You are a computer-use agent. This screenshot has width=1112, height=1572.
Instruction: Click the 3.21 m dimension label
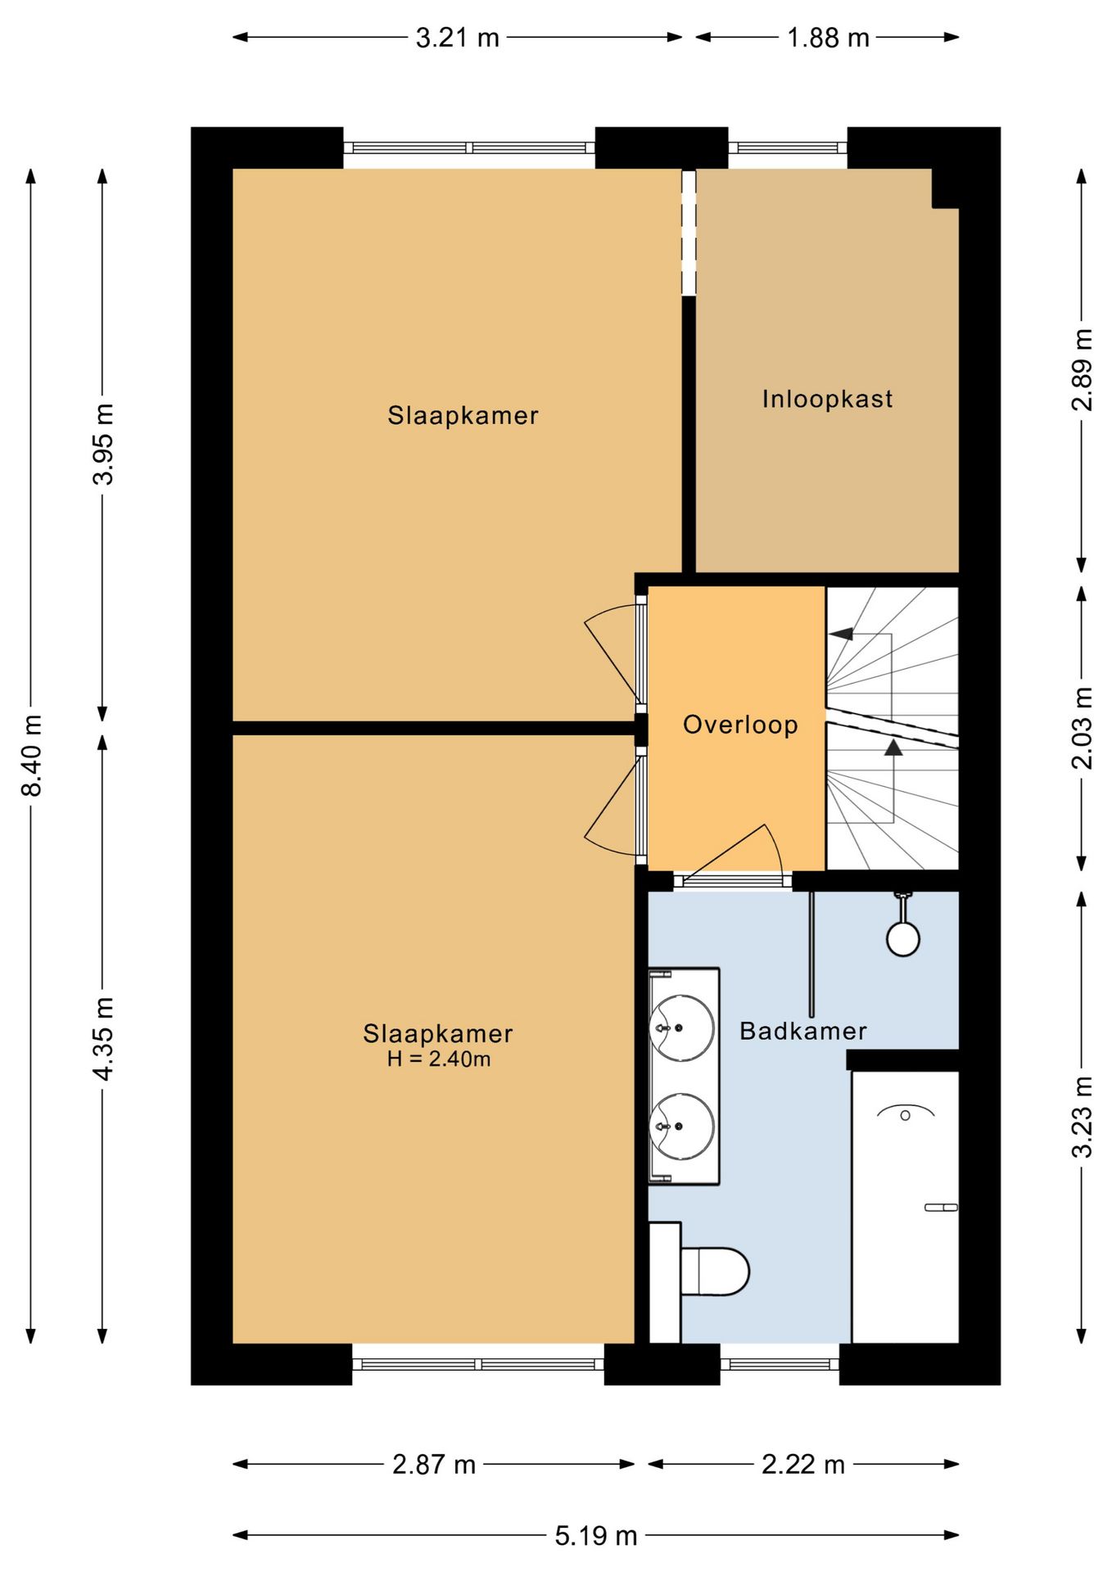457,38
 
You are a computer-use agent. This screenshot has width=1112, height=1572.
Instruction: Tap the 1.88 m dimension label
828,38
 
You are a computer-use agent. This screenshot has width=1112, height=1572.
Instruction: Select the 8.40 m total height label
31,755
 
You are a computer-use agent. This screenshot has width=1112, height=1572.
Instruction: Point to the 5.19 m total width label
595,1535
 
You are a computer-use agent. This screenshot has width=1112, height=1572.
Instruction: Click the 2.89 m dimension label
1082,369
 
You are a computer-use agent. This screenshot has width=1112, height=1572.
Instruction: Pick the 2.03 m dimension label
1082,728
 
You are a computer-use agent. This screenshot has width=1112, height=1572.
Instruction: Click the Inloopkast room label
827,399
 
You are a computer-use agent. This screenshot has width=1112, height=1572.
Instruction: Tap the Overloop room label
740,725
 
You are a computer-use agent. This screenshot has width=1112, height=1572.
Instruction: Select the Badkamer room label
802,1031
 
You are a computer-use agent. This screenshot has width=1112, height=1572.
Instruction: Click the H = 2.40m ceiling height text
439,1059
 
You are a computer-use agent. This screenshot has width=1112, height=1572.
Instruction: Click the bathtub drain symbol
905,1115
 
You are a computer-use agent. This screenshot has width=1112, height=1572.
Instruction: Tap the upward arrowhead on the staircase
893,748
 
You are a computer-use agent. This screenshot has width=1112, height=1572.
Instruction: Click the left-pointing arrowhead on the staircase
841,634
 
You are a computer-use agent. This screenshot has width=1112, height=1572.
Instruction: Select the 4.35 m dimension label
102,1039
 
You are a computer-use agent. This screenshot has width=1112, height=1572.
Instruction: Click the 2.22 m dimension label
802,1464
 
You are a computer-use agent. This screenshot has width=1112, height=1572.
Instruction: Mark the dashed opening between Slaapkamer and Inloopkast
689,233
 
